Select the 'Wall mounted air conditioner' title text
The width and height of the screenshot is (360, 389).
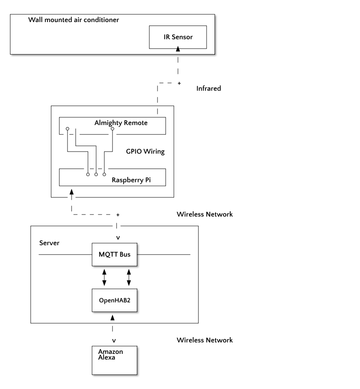pyautogui.click(x=74, y=20)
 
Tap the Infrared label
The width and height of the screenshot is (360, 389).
pyautogui.click(x=209, y=89)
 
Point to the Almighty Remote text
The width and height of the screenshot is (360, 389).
pyautogui.click(x=121, y=123)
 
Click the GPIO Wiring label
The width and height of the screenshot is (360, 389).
pyautogui.click(x=145, y=151)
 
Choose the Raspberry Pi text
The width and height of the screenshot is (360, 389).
pyautogui.click(x=131, y=180)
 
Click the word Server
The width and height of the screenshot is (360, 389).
pyautogui.click(x=49, y=243)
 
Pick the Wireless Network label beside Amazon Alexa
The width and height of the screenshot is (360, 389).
pyautogui.click(x=205, y=340)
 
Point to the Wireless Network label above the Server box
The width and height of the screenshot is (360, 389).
pyautogui.click(x=205, y=215)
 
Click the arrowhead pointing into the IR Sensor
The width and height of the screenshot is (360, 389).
pyautogui.click(x=178, y=49)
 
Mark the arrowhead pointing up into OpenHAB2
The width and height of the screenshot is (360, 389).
pyautogui.click(x=112, y=317)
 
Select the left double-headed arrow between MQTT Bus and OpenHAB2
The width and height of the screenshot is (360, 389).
pyautogui.click(x=104, y=277)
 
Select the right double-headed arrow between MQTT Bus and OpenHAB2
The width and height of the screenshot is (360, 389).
pyautogui.click(x=129, y=277)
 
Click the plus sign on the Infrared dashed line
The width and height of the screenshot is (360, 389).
pyautogui.click(x=179, y=83)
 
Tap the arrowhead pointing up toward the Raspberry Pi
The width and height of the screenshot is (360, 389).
pyautogui.click(x=72, y=192)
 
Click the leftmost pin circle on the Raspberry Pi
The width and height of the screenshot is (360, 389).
pyautogui.click(x=88, y=174)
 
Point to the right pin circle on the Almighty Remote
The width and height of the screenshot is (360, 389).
pyautogui.click(x=112, y=128)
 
